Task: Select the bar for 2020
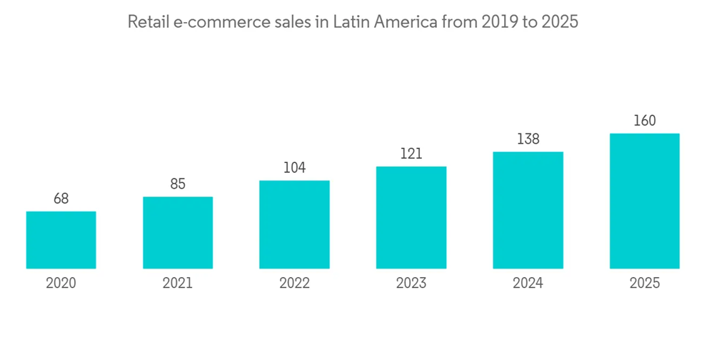[61, 240]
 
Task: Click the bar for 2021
[178, 233]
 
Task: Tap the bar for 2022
[294, 224]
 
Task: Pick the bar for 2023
[411, 218]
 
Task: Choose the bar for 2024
[528, 210]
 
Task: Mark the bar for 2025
[645, 201]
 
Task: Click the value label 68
[61, 199]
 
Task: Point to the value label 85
[178, 184]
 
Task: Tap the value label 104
[294, 168]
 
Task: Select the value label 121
[411, 154]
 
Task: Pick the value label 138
[528, 139]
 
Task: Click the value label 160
[645, 121]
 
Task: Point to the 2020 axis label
[61, 284]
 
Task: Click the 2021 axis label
[178, 284]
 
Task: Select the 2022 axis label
[294, 284]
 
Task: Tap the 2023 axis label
[411, 284]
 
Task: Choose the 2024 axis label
[528, 284]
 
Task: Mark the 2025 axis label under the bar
[645, 284]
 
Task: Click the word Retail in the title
[147, 22]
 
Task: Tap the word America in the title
[406, 22]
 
